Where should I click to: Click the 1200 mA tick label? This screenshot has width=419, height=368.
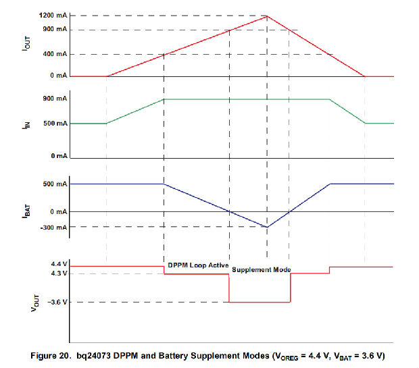[x=53, y=16]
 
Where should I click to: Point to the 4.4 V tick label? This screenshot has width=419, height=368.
[x=59, y=264]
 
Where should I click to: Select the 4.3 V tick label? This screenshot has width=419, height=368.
[x=59, y=273]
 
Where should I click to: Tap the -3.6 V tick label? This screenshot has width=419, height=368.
[x=58, y=303]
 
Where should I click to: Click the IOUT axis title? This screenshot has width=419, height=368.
[x=27, y=45]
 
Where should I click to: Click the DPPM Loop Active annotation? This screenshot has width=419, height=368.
[x=198, y=265]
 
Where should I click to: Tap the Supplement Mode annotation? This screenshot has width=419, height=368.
[x=262, y=270]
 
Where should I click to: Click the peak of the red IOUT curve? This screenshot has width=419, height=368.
[x=267, y=16]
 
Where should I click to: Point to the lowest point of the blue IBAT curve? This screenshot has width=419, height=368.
[x=267, y=227]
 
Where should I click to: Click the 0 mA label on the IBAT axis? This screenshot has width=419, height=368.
[x=58, y=212]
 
